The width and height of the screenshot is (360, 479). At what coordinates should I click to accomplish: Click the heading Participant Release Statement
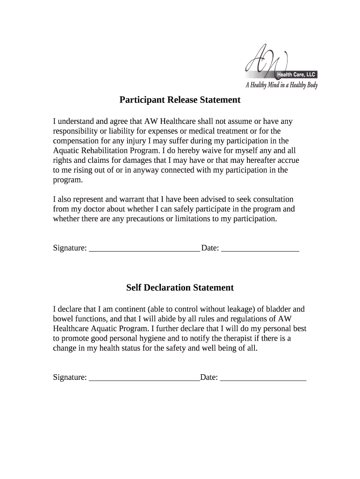coord(180,100)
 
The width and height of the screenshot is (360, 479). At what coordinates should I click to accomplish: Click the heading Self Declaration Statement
coord(180,288)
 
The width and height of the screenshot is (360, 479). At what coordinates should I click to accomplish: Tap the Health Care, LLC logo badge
coord(296,74)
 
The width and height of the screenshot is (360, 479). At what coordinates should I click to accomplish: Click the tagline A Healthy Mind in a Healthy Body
coord(281,85)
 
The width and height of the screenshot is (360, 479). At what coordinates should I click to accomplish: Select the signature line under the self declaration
coord(144,379)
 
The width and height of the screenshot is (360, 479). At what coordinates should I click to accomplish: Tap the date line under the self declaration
coord(263,379)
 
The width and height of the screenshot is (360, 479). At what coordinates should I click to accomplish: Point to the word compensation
coord(75,141)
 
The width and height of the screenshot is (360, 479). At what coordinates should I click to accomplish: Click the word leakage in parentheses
coord(239,309)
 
